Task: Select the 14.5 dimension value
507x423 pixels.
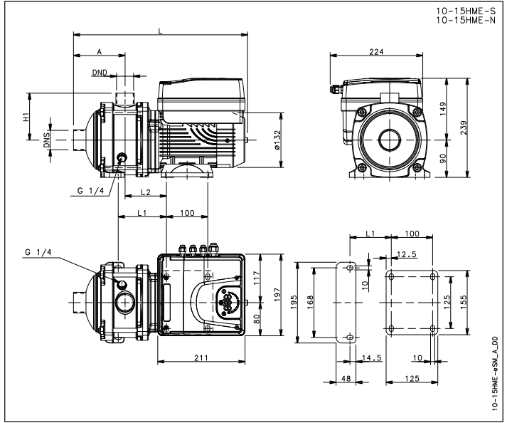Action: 370,357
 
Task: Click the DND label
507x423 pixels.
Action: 100,73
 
